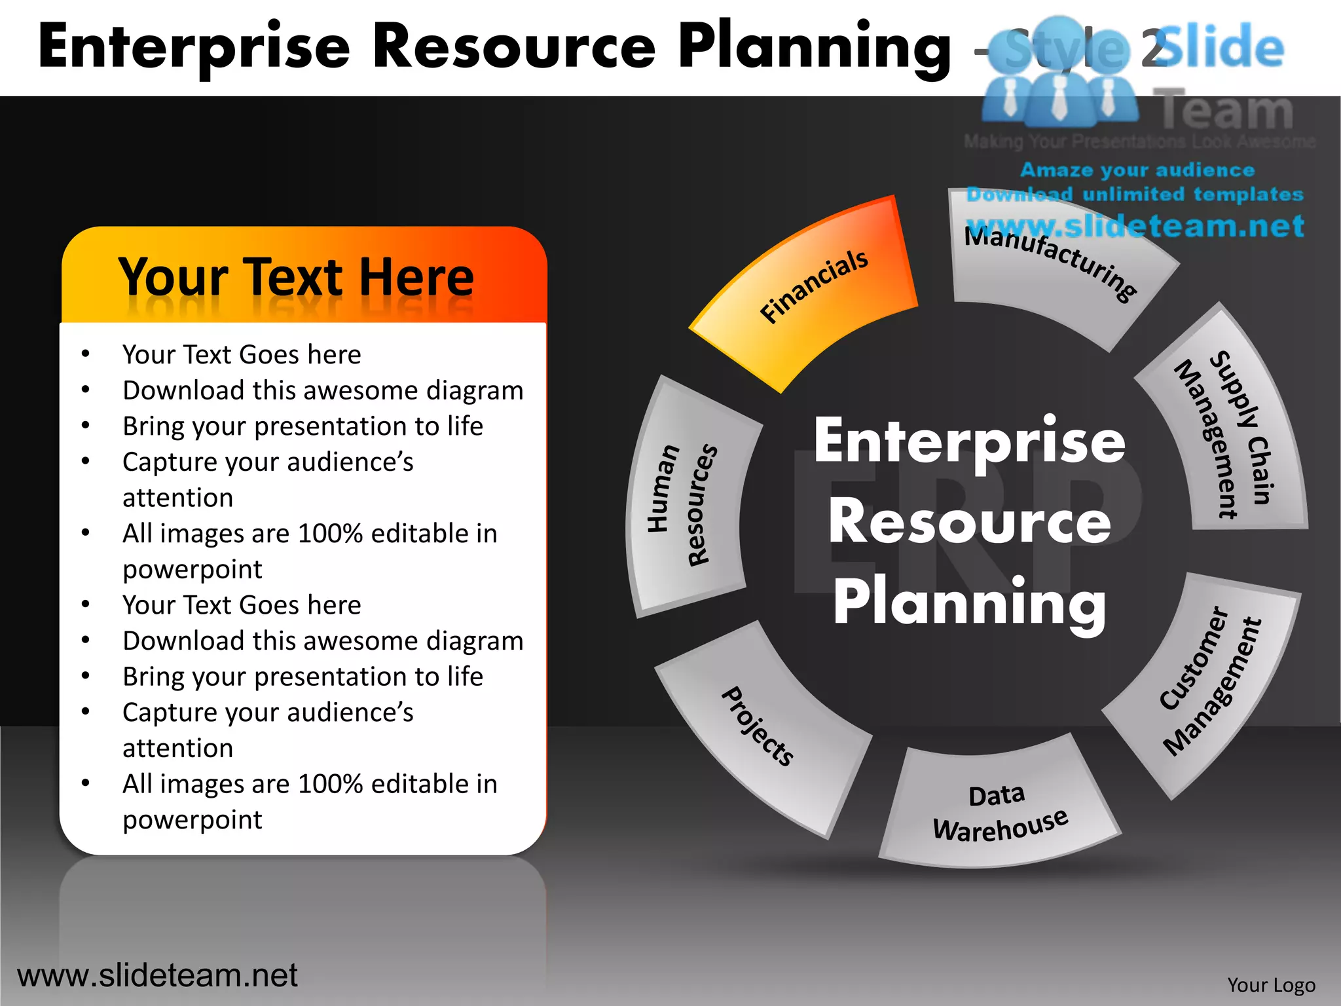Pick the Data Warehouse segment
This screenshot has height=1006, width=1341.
point(999,812)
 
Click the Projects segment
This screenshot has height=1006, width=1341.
point(760,727)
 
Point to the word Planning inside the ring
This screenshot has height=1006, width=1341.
point(969,603)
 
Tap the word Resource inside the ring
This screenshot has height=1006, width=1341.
point(969,522)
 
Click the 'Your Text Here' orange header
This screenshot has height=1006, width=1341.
point(296,277)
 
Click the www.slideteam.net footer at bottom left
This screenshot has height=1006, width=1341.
point(157,975)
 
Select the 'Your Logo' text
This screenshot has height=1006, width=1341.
point(1271,985)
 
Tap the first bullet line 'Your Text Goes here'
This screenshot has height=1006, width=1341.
point(242,354)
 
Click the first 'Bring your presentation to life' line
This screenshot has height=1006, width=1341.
point(303,426)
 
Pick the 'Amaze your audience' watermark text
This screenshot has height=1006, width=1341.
point(1137,170)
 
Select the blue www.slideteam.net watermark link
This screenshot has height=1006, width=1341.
point(1135,227)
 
